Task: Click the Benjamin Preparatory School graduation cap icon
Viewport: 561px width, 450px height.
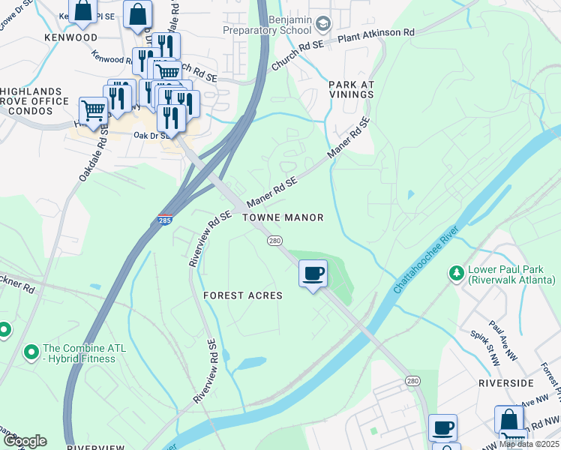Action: pos(323,25)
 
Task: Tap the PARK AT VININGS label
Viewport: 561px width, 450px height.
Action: pos(351,89)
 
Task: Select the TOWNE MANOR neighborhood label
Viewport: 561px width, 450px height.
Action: pos(283,217)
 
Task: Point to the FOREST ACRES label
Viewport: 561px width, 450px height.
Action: pos(243,295)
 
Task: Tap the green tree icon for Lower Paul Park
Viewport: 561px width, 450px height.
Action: pos(455,273)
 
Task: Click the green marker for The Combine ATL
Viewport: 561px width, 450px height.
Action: pos(31,351)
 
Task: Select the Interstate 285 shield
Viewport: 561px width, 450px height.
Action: pos(164,220)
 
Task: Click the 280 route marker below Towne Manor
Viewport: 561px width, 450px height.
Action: pos(274,241)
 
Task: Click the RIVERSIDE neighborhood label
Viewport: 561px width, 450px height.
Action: pos(505,382)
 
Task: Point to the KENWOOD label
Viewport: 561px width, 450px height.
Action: pos(71,37)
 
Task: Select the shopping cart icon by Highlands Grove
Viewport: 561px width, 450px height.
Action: pos(93,112)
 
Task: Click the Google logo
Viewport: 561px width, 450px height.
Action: pos(25,441)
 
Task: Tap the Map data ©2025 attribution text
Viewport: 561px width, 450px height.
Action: pos(529,444)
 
